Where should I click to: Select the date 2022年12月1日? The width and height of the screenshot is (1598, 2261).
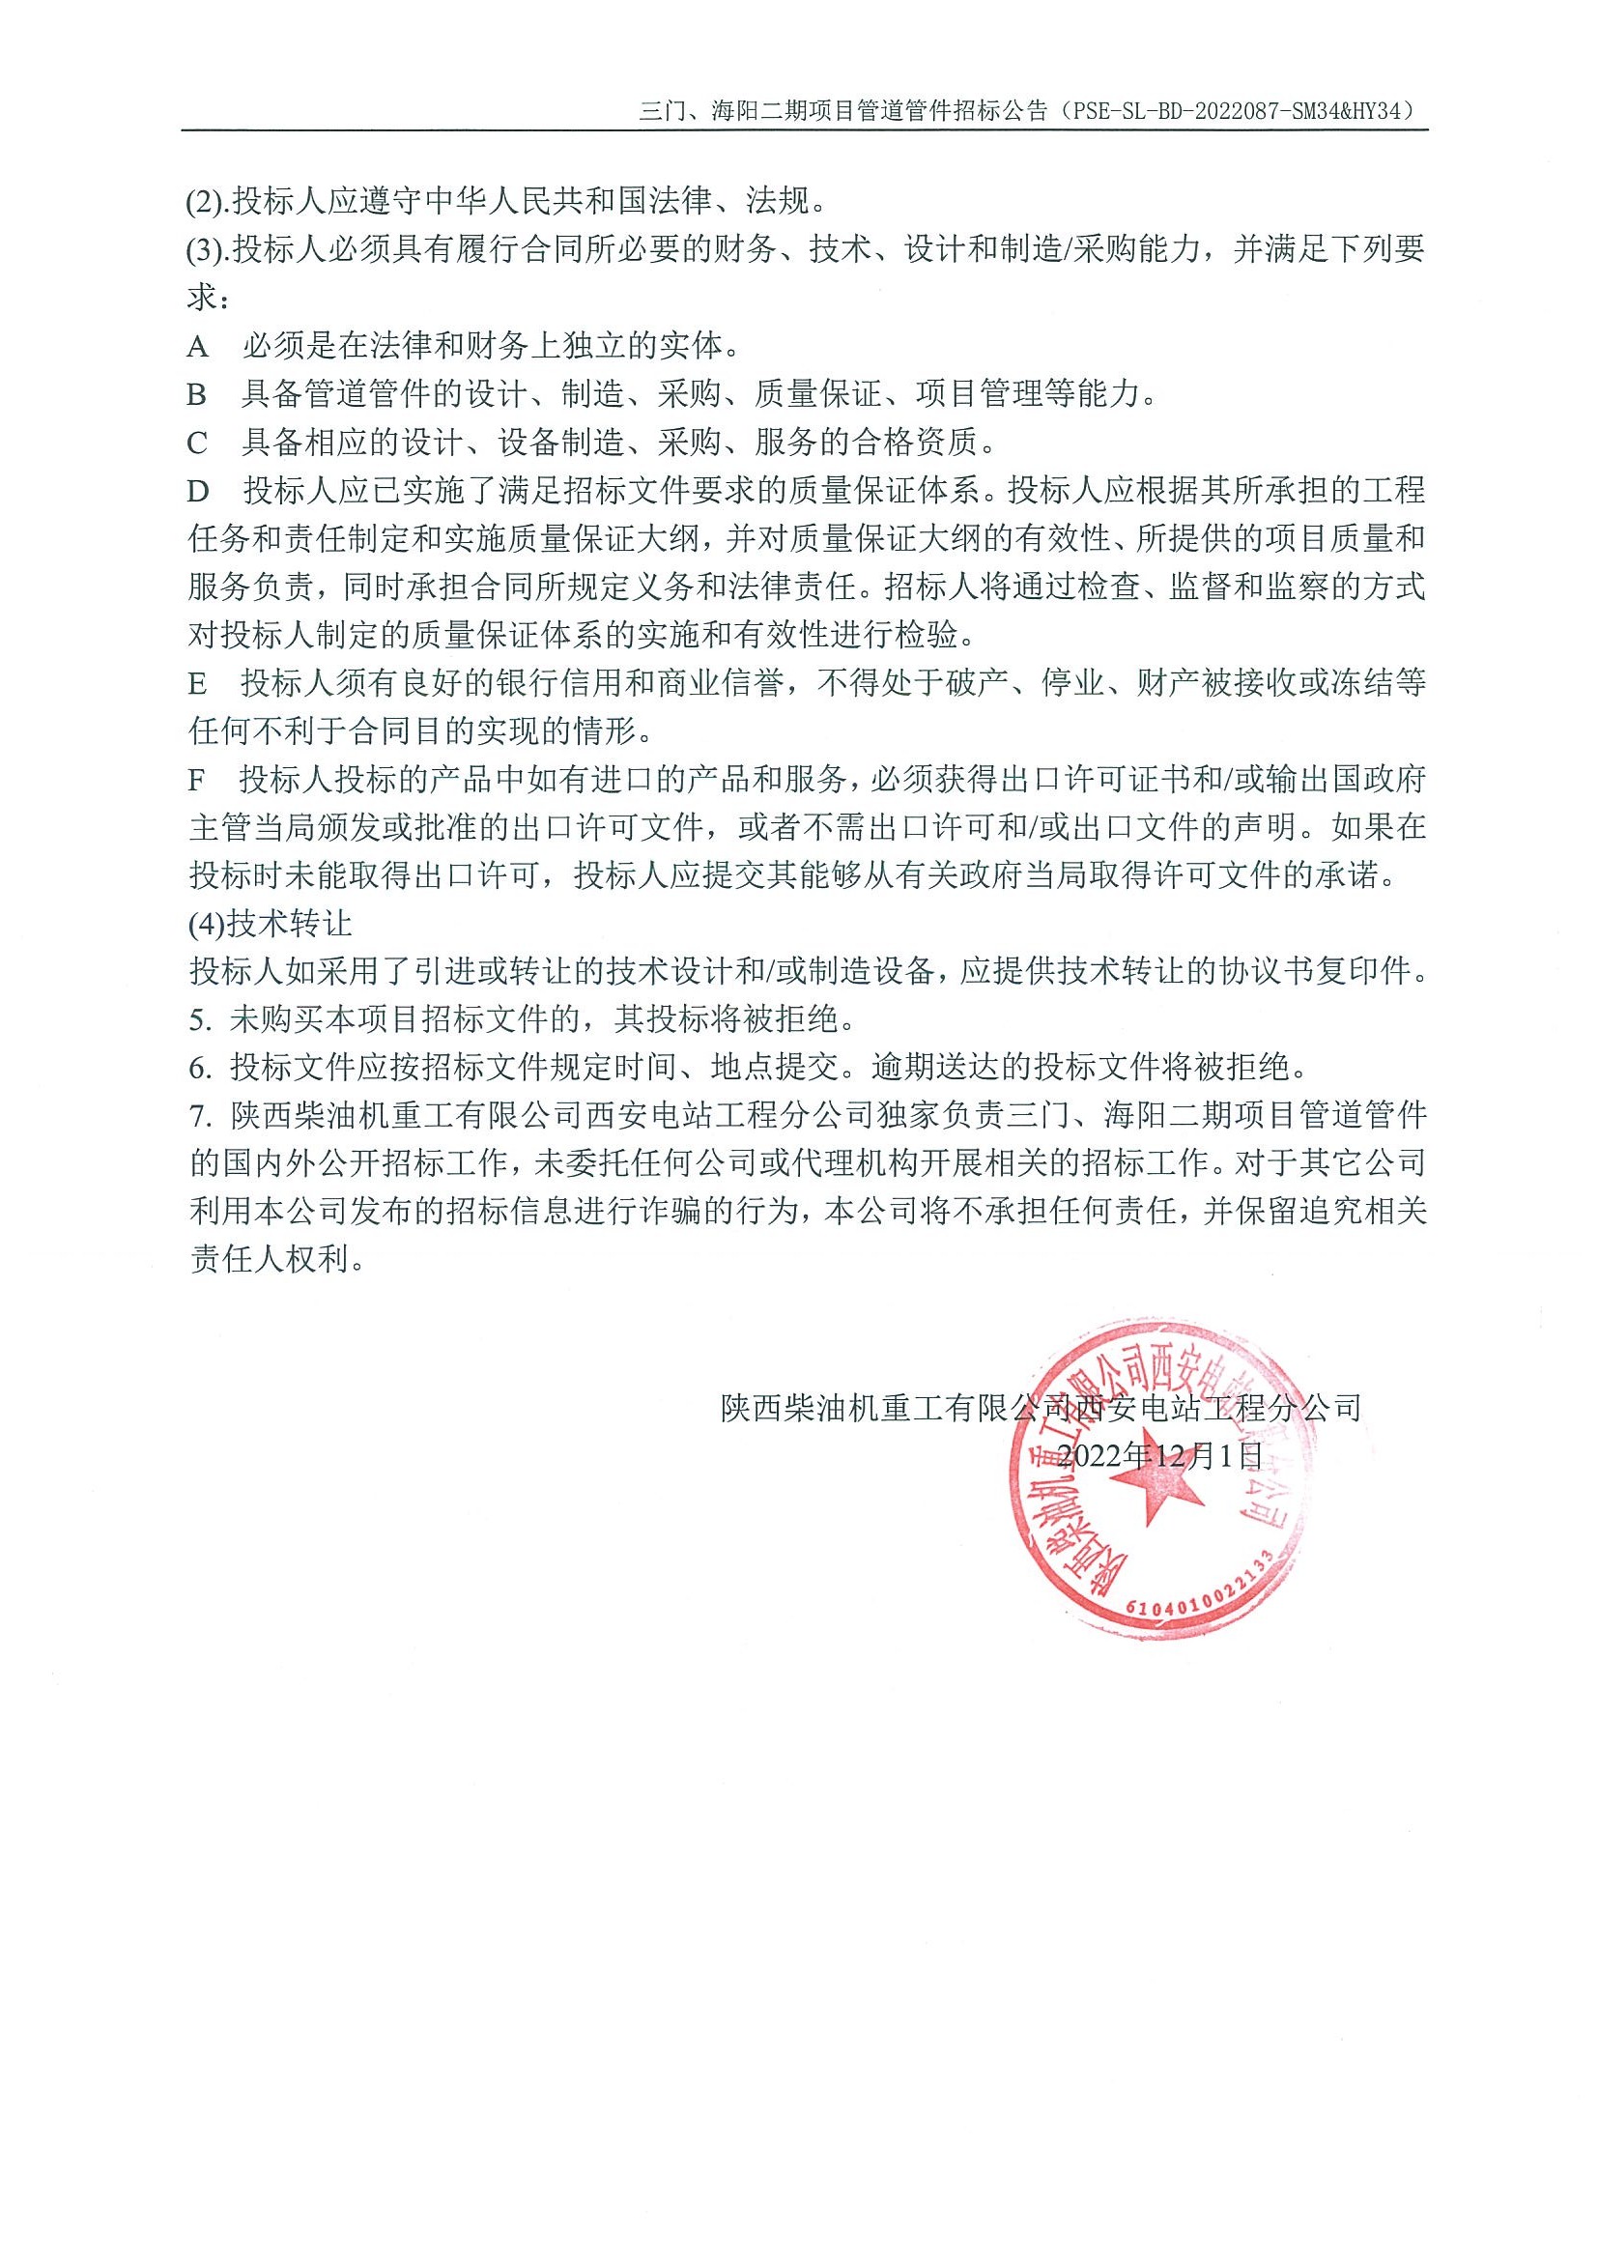pos(1157,1454)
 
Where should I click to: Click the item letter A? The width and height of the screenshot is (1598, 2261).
pos(198,347)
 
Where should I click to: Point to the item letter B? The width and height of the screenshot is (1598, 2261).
pos(198,395)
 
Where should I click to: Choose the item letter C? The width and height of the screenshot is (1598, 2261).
pos(198,444)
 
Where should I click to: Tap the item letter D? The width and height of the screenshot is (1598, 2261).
pos(199,491)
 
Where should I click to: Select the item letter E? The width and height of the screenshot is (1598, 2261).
pos(198,683)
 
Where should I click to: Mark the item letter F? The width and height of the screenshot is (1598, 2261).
pos(197,780)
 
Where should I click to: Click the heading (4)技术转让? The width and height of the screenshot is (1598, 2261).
pos(269,925)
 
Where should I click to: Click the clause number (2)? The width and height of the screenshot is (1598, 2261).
pos(205,202)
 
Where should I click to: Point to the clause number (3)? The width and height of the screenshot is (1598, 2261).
pos(205,250)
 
